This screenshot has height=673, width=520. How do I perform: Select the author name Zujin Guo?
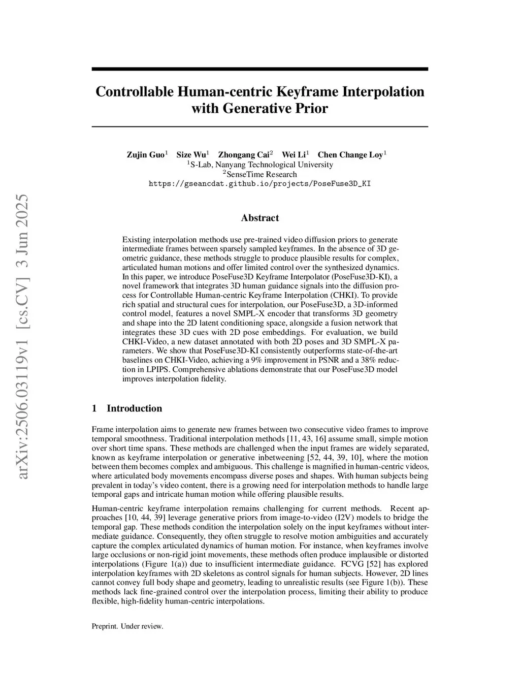(145, 154)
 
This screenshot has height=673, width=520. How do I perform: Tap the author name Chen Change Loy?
(350, 154)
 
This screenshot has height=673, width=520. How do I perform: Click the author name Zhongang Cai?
(244, 154)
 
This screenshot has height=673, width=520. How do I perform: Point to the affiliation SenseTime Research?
(262, 174)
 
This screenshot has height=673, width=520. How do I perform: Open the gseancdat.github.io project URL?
(259, 183)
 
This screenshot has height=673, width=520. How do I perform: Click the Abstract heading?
(259, 218)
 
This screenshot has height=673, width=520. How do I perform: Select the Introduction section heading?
(134, 408)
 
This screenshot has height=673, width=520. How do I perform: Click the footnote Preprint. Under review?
(127, 626)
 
